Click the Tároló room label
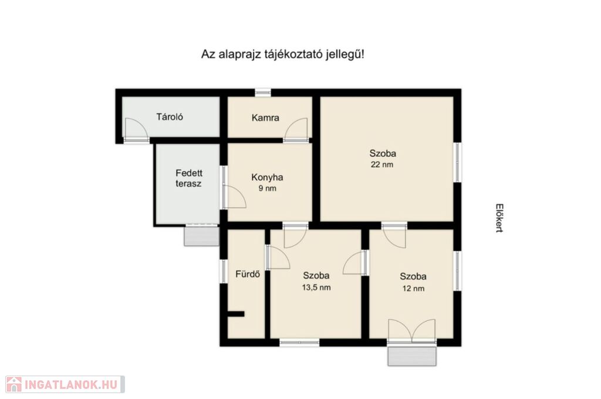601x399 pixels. (x=170, y=117)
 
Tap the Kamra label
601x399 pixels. (x=265, y=118)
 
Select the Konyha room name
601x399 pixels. (x=267, y=177)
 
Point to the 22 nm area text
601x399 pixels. (x=381, y=165)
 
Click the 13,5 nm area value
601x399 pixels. (x=316, y=288)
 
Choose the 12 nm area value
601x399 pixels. (x=413, y=288)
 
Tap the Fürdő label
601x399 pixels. (x=248, y=274)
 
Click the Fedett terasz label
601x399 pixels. (x=188, y=178)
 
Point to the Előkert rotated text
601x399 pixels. (x=499, y=218)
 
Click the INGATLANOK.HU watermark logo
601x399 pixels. (x=65, y=384)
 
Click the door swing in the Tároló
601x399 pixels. (x=136, y=129)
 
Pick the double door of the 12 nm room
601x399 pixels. (x=411, y=330)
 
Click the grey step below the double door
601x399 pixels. (x=412, y=356)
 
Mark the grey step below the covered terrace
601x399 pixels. (x=201, y=236)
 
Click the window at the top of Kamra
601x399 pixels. (x=263, y=92)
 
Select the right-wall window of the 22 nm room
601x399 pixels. (x=457, y=162)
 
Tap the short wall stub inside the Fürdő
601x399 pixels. (x=236, y=314)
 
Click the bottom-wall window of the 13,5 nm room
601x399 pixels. (x=299, y=342)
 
